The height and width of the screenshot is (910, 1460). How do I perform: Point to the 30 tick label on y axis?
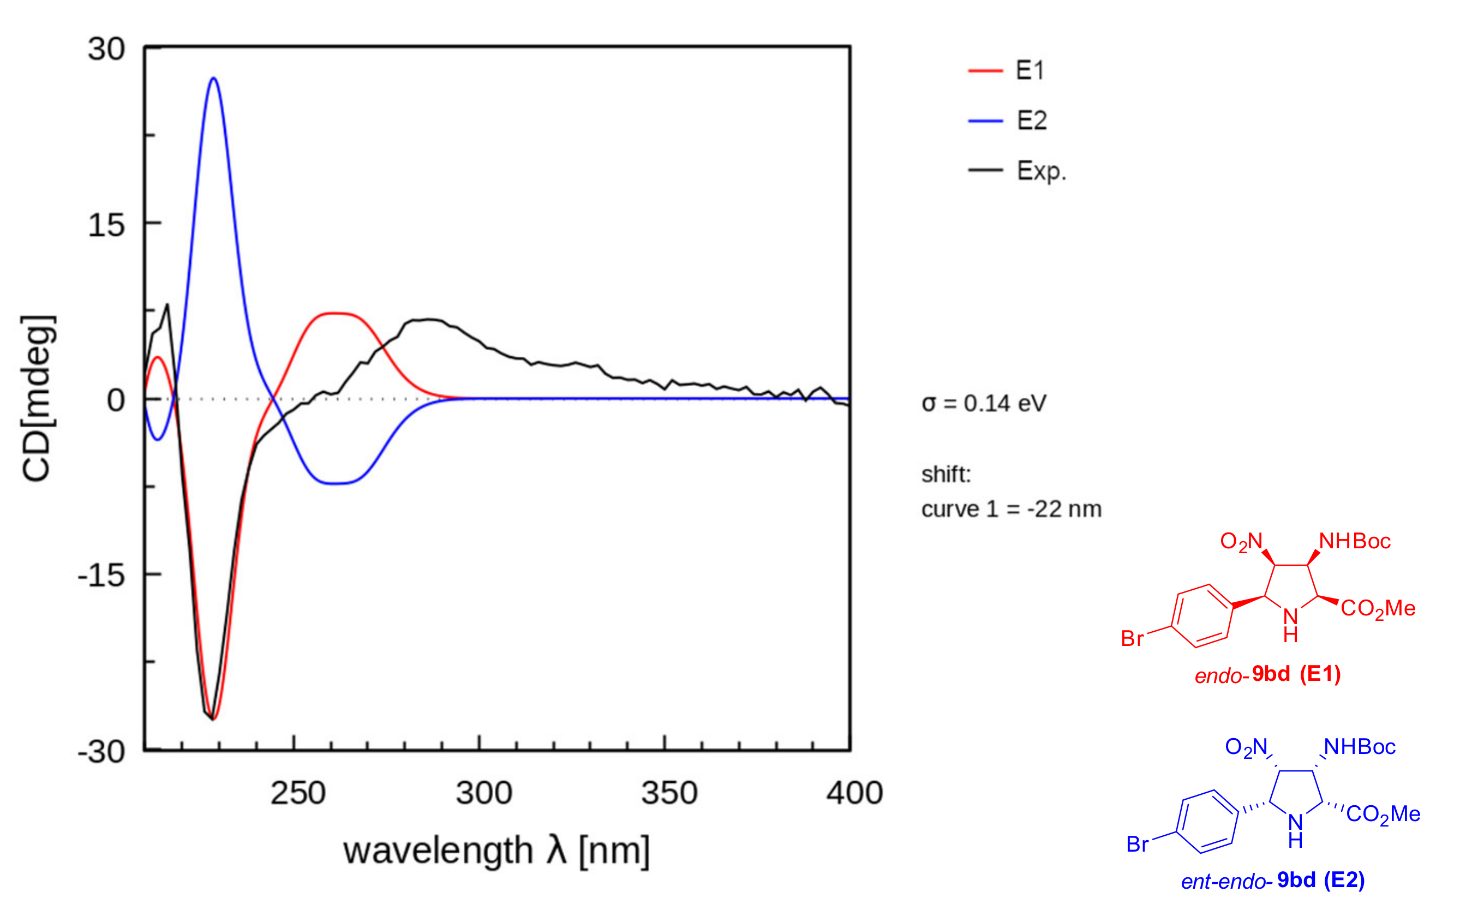click(x=106, y=49)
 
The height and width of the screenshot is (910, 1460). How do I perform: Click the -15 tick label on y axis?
click(x=101, y=576)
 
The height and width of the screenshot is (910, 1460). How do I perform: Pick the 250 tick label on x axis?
click(x=297, y=793)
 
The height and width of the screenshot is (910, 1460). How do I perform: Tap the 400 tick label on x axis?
click(x=854, y=793)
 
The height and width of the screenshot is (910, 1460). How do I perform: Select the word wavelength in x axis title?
click(x=438, y=851)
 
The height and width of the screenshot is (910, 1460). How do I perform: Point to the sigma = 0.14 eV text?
click(x=983, y=403)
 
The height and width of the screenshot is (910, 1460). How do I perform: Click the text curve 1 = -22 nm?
click(x=1011, y=509)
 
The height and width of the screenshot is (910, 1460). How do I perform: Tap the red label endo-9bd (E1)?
click(x=1267, y=674)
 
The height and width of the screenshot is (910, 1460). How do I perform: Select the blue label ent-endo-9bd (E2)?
click(x=1272, y=881)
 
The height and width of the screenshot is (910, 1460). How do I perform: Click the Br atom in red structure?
click(x=1132, y=638)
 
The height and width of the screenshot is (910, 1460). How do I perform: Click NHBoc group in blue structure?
click(x=1359, y=747)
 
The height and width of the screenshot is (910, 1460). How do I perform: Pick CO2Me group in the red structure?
click(x=1378, y=608)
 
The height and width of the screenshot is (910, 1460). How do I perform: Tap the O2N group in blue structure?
click(x=1246, y=747)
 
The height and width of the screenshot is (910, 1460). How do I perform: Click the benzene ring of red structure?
click(x=1202, y=616)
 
